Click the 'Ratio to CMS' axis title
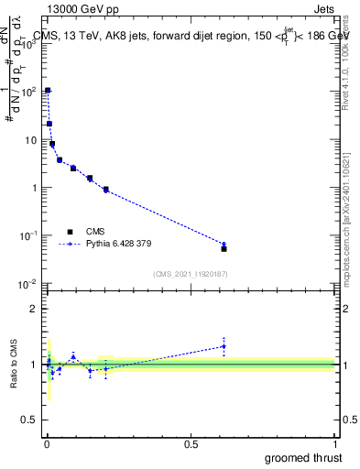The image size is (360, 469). (14, 365)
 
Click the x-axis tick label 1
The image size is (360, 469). (334, 444)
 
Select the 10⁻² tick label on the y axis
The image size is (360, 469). (29, 284)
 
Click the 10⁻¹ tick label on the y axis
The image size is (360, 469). (29, 236)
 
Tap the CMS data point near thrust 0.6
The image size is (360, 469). (224, 248)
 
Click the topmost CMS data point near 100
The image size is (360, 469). (48, 91)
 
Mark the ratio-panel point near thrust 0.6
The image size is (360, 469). (224, 346)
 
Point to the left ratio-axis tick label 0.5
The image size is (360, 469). (29, 421)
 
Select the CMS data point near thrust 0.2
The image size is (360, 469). (106, 190)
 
